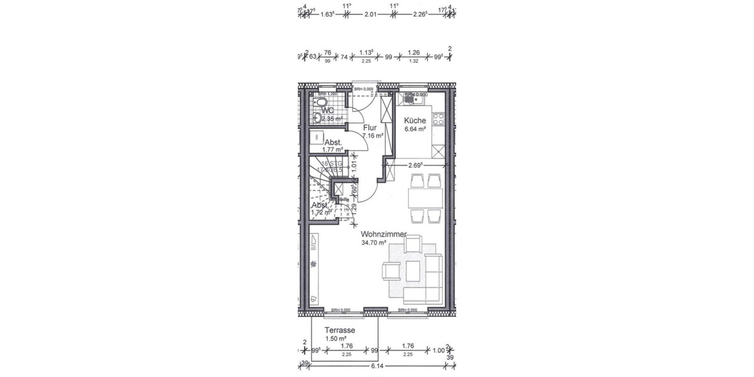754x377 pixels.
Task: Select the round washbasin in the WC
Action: pos(317,116)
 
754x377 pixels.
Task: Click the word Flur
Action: pos(370,128)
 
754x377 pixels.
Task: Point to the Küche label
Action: pos(415,121)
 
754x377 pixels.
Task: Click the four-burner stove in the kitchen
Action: pos(439,119)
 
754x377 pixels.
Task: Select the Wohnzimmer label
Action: pos(383,234)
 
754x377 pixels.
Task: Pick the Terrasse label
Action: pos(340,331)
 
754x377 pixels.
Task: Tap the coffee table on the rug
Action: pos(413,271)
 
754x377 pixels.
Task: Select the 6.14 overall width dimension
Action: pos(377,366)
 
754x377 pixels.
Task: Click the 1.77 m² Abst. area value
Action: pos(332,150)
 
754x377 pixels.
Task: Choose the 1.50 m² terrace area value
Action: pos(335,339)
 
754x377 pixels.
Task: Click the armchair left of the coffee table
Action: pos(391,271)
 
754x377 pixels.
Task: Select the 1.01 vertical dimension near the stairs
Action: pos(354,166)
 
